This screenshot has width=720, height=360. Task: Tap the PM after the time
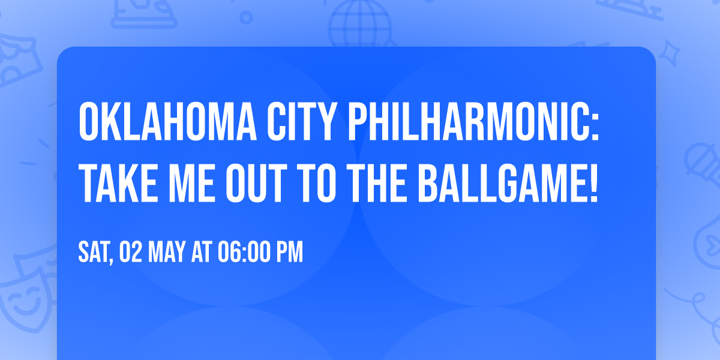pos(289,253)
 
